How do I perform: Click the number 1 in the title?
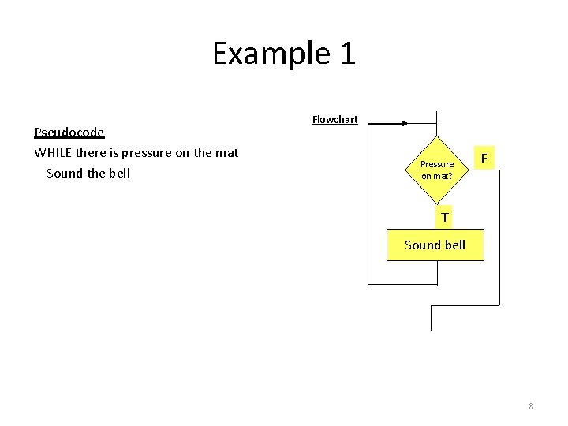(x=347, y=54)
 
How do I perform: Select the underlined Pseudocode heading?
(x=69, y=132)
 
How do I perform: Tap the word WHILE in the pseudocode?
(x=53, y=152)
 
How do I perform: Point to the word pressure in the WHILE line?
(x=142, y=152)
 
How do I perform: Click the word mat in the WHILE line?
(x=227, y=152)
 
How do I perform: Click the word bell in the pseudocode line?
(x=118, y=173)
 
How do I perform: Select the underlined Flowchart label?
(x=334, y=120)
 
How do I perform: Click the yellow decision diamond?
(x=436, y=170)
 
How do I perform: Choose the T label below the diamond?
(x=445, y=217)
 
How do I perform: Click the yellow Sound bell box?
(x=435, y=245)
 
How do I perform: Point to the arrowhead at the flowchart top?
(x=403, y=123)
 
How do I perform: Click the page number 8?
(x=531, y=406)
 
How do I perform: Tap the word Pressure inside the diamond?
(x=437, y=164)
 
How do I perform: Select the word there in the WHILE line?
(x=92, y=152)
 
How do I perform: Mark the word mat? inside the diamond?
(x=443, y=176)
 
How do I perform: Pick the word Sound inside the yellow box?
(x=422, y=245)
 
